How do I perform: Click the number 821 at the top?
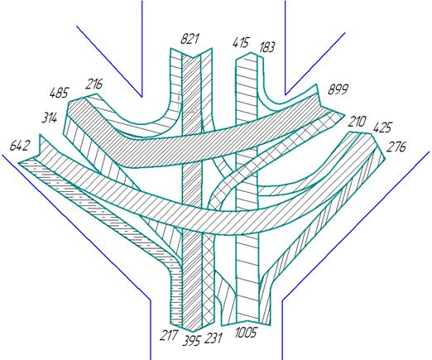pyautogui.click(x=190, y=39)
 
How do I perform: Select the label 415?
pyautogui.click(x=241, y=43)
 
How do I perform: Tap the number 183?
pyautogui.click(x=266, y=47)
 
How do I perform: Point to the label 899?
pyautogui.click(x=338, y=89)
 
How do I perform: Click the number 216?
pyautogui.click(x=94, y=84)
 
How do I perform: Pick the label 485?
pyautogui.click(x=59, y=93)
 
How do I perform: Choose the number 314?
pyautogui.click(x=50, y=118)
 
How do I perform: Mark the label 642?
pyautogui.click(x=19, y=146)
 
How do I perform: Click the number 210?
pyautogui.click(x=357, y=122)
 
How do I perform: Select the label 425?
pyautogui.click(x=382, y=127)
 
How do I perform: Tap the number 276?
pyautogui.click(x=396, y=146)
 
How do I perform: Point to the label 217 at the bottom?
pyautogui.click(x=169, y=335)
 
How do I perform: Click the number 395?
pyautogui.click(x=191, y=340)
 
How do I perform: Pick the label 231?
pyautogui.click(x=213, y=338)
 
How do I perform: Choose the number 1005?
pyautogui.click(x=246, y=332)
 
